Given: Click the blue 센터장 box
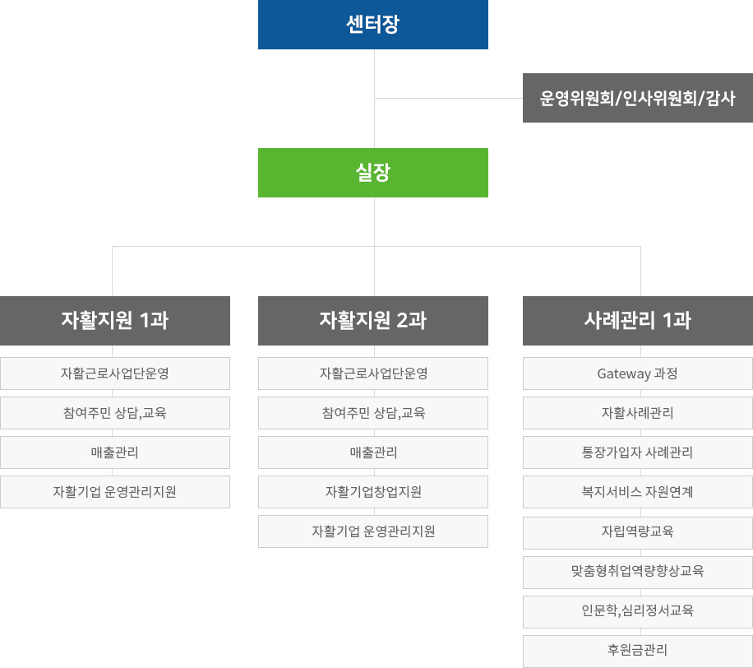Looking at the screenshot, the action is coord(373,25).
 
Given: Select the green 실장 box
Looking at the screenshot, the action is coord(373,173).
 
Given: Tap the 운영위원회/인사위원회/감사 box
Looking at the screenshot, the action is coord(638,98).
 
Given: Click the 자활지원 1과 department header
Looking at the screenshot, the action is coord(115,321).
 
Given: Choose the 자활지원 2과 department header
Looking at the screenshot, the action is coord(373,321).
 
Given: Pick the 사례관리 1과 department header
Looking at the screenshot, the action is coord(638,321).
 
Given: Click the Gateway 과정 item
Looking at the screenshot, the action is coord(638,373).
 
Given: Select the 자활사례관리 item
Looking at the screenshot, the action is coord(638,413).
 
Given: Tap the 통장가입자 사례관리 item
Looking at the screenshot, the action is coord(638,452).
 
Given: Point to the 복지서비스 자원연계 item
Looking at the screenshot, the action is coord(638,492).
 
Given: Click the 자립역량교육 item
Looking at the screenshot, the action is coord(638,531).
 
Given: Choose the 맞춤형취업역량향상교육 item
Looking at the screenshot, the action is coord(638,571).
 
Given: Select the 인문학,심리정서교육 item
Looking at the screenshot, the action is coord(638,610).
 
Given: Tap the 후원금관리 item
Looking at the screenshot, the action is coord(638,650).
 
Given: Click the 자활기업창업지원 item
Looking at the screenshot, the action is coord(373,492).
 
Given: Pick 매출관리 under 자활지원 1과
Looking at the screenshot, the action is coord(115,452).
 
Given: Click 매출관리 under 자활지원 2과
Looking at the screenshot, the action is coord(373,452).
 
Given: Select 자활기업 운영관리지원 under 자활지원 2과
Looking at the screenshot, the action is coord(373,531).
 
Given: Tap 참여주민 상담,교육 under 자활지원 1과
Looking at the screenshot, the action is coord(115,413).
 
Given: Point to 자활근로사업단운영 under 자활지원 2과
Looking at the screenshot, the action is coord(373,373).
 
